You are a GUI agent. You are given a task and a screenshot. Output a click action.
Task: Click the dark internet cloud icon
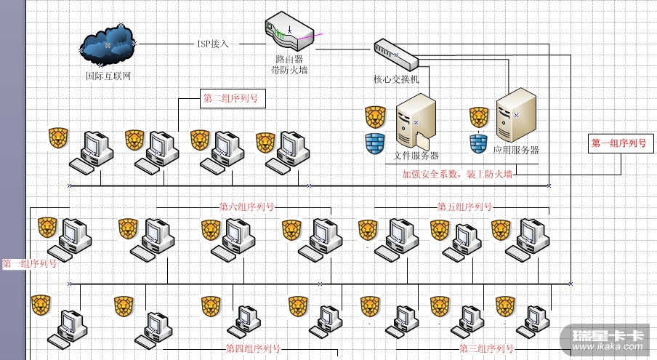pos(108,44)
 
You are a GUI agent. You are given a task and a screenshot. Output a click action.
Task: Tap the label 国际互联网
pos(108,76)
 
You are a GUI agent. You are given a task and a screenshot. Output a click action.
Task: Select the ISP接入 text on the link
pos(213,44)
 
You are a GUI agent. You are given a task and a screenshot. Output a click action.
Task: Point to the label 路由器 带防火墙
pos(289,64)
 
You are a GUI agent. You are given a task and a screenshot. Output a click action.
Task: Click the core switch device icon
pos(395,52)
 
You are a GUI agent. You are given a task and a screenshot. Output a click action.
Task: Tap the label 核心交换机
pos(397,79)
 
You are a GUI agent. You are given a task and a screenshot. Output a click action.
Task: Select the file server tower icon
pos(415,122)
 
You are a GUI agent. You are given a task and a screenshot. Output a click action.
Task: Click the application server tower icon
pos(515,115)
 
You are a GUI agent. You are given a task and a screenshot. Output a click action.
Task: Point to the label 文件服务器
pos(416,155)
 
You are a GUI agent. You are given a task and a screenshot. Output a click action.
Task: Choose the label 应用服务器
pos(516,150)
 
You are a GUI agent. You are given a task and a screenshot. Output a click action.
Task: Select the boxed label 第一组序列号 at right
pos(618,143)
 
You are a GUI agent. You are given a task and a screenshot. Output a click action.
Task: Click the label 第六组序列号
pos(247,207)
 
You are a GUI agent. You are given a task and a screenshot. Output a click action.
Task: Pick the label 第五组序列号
pos(464,207)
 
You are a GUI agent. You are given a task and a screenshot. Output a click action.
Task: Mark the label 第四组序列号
pos(253,348)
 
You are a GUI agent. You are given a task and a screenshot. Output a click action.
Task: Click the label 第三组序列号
pos(486,348)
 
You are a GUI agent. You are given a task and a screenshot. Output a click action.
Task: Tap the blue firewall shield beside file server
pos(374,143)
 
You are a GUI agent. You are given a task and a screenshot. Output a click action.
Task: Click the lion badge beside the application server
pos(478,116)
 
